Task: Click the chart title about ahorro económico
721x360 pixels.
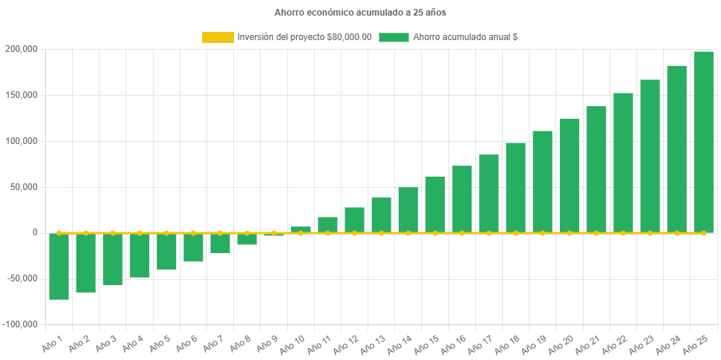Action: [x=360, y=13]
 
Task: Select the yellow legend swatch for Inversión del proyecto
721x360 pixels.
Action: [x=217, y=37]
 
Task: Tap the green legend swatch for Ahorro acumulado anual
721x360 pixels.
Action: [x=394, y=37]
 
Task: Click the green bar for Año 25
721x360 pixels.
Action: [x=703, y=141]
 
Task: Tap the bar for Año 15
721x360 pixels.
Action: [x=435, y=204]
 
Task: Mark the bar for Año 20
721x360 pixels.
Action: [x=570, y=175]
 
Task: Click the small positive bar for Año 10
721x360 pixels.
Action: [x=301, y=229]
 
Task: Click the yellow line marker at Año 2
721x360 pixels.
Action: [x=86, y=232]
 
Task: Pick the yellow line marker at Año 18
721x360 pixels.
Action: [x=515, y=233]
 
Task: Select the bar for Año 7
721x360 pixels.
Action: [x=220, y=243]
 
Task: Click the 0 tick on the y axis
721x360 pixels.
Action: [x=34, y=232]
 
